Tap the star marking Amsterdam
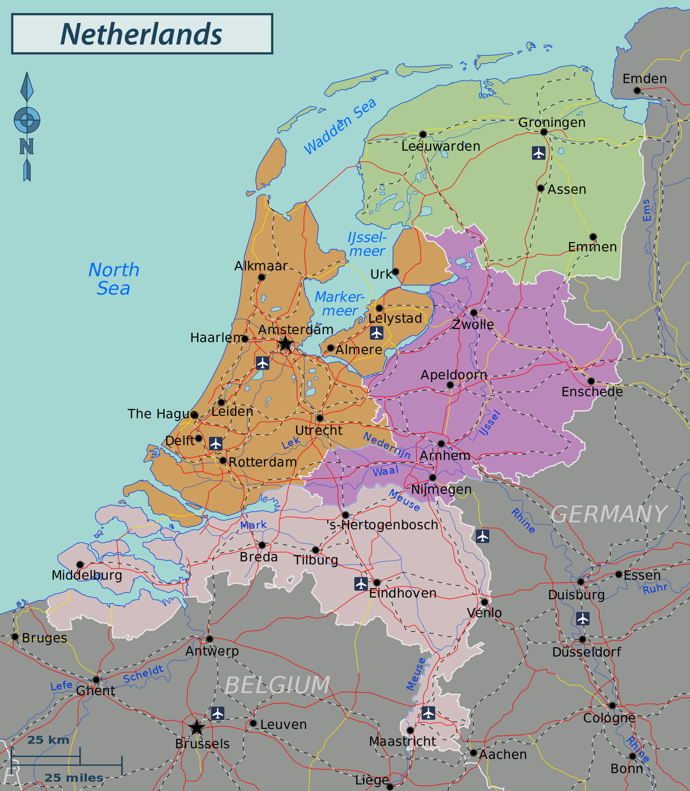point(285,343)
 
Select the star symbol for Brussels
point(197,727)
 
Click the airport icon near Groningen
point(538,153)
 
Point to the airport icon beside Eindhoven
point(361,583)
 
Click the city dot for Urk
point(395,272)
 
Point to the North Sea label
point(114,279)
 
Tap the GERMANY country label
point(608,514)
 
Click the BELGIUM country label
point(277,685)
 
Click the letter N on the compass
point(27,146)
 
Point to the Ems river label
point(647,210)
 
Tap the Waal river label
point(385,471)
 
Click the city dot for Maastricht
point(411,730)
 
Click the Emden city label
point(644,79)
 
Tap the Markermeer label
point(339,303)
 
